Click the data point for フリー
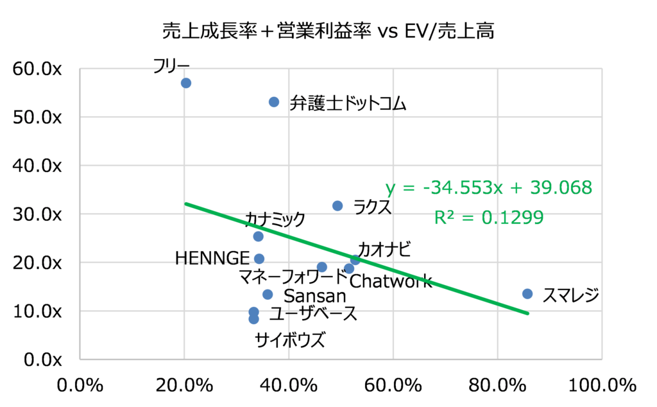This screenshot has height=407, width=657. tap(186, 83)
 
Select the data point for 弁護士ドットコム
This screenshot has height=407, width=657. tap(274, 102)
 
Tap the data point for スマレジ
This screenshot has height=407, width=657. tap(527, 293)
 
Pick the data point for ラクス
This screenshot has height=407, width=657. tap(337, 205)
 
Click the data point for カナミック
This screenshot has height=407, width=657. tap(258, 236)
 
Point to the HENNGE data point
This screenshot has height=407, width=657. tap(259, 259)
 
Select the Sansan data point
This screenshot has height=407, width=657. tap(268, 295)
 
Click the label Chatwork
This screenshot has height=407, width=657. tap(391, 282)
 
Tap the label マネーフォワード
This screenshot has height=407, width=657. tap(292, 278)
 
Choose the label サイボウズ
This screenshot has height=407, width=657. tap(290, 339)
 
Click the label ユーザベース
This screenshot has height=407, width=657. tap(313, 314)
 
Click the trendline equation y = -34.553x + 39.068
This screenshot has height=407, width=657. tap(488, 188)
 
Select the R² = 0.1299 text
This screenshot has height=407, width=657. tap(489, 218)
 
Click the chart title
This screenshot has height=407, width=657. tap(328, 31)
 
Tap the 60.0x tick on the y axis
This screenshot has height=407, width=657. tap(37, 69)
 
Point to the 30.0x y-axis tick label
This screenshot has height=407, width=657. tap(37, 214)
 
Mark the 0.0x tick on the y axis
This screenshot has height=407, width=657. tap(40, 359)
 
